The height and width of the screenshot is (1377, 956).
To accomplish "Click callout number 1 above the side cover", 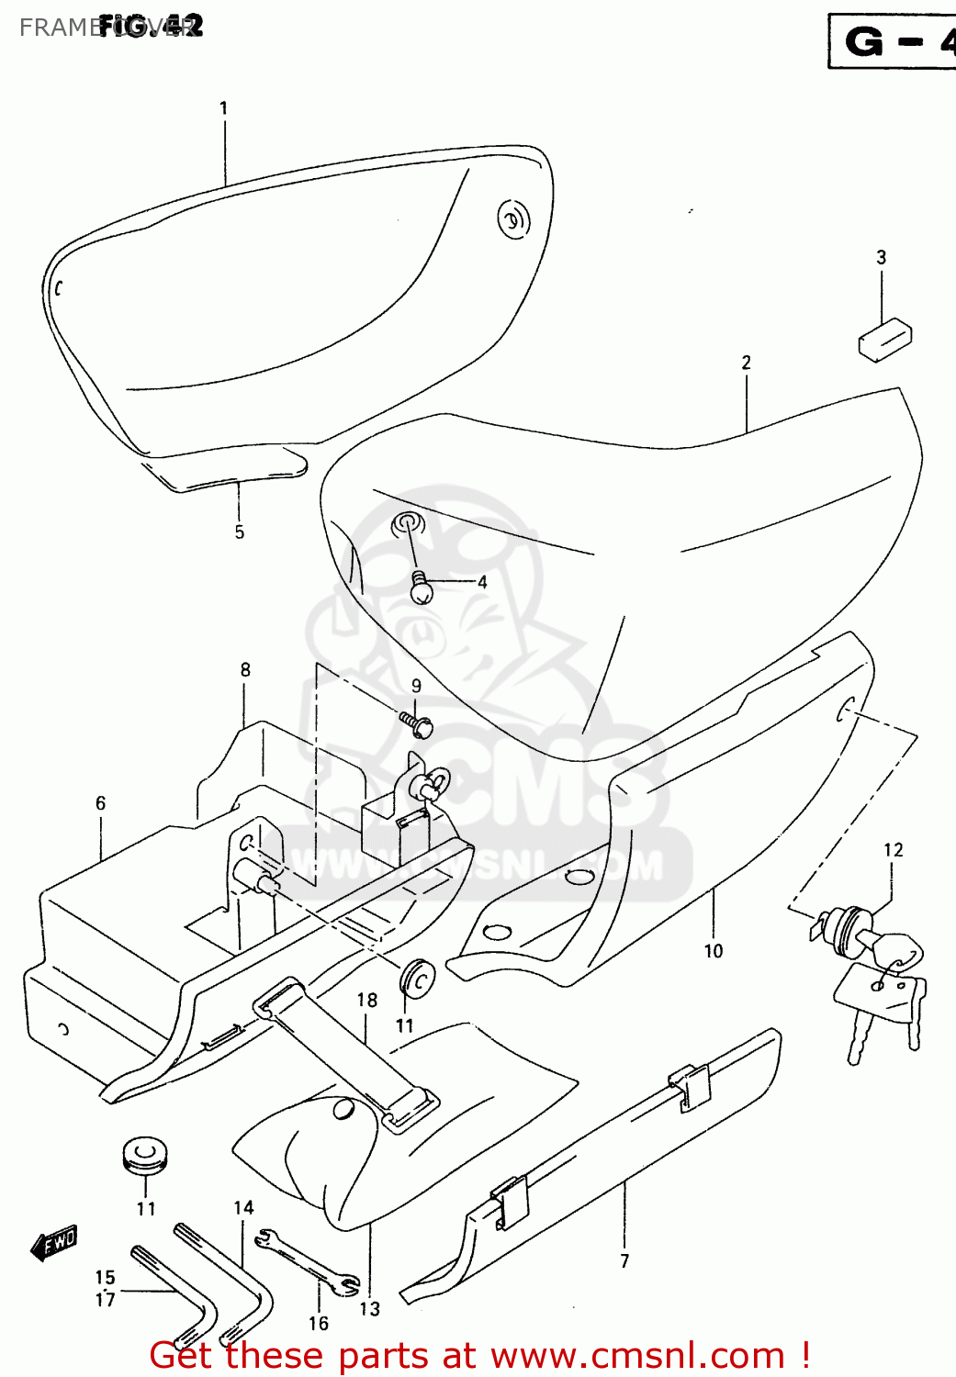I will (223, 108).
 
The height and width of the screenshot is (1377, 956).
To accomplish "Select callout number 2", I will (746, 363).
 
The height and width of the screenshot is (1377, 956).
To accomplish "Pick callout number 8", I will (245, 670).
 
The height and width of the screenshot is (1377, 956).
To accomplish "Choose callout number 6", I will (101, 803).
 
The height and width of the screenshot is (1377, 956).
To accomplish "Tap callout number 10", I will (714, 951).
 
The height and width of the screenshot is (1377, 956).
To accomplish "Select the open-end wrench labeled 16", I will (308, 1263).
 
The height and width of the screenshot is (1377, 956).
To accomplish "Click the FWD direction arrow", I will (55, 1244).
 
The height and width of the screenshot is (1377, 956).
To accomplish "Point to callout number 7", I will (624, 1260).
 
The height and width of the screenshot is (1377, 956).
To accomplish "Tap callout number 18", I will (367, 1000).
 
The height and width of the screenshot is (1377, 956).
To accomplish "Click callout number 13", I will (369, 1309).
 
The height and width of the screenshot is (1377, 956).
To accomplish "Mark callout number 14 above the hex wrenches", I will (243, 1208).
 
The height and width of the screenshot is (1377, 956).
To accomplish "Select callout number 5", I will (239, 532).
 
